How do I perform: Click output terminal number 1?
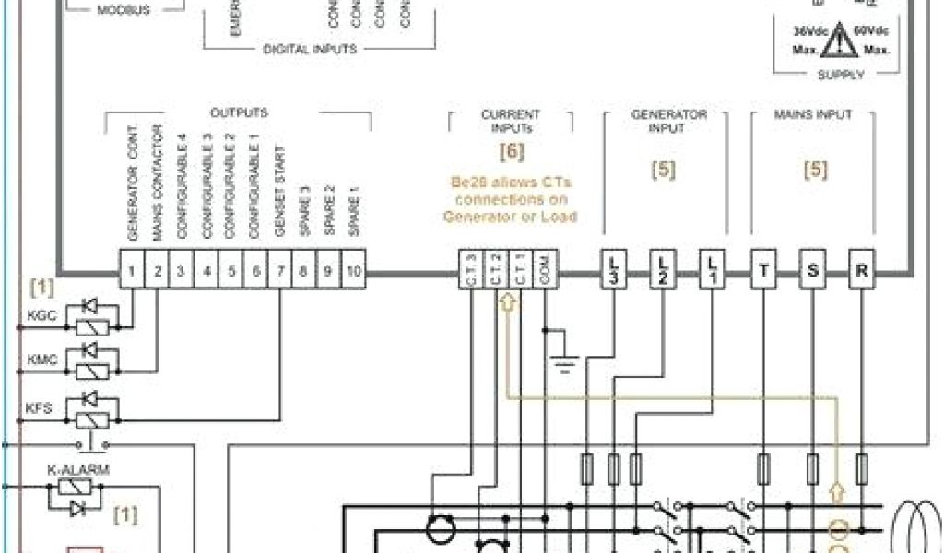pos(133,272)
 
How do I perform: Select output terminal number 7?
pos(279,272)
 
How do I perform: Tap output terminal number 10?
pos(353,272)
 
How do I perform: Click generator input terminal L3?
pos(614,272)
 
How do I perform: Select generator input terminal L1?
pos(711,272)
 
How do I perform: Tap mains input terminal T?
pos(764,272)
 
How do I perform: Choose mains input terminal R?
pos(861,272)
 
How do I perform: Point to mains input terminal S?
pos(812,272)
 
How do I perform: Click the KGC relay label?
pos(42,315)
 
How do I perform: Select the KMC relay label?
pos(42,359)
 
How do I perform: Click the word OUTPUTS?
pos(239,112)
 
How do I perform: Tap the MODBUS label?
pos(124,10)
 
